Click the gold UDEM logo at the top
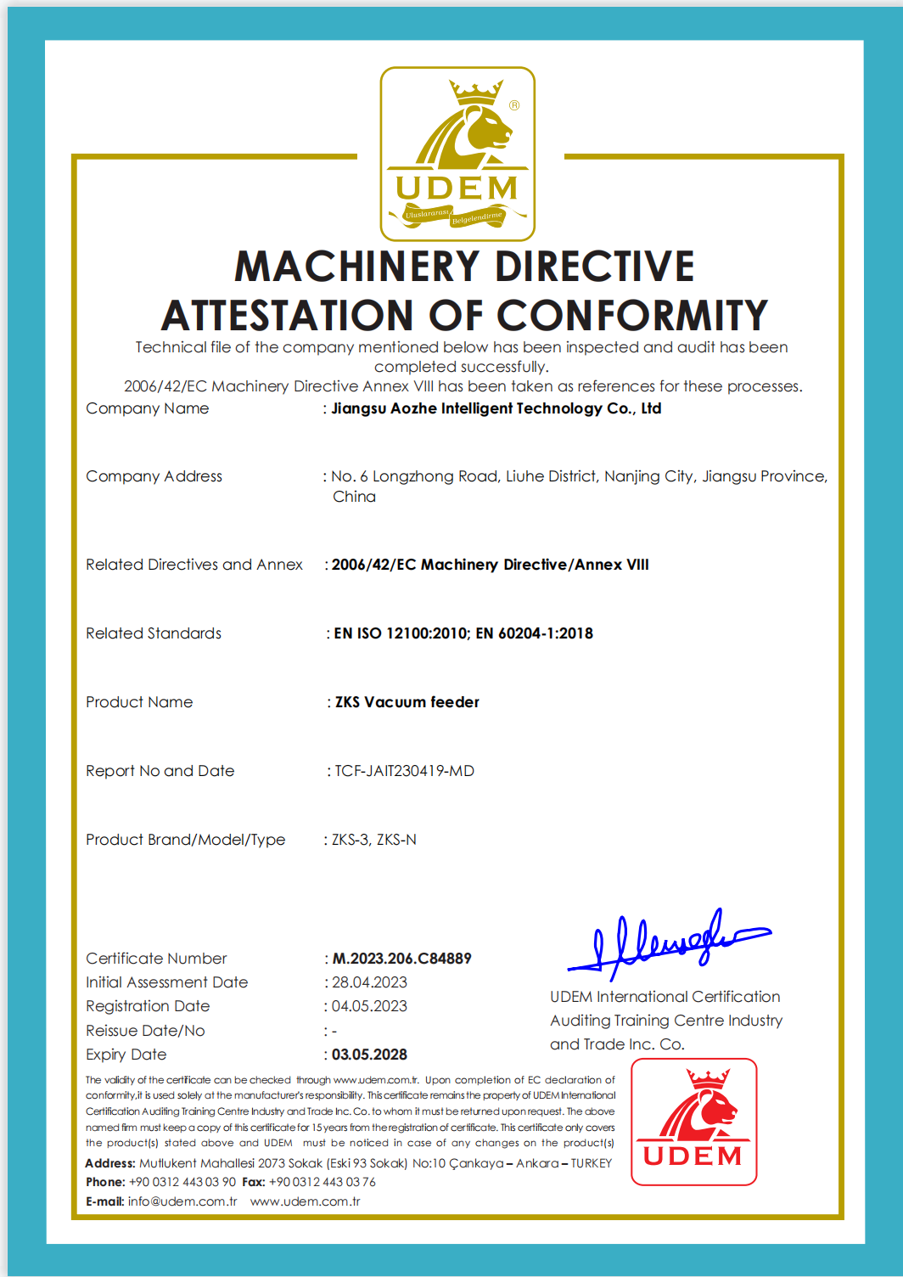tap(457, 154)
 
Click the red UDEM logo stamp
tap(693, 1122)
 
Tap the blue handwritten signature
tap(668, 942)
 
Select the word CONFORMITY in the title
tap(632, 316)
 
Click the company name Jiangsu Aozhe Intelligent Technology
tap(496, 408)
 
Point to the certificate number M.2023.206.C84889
tap(401, 959)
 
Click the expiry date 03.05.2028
tap(369, 1055)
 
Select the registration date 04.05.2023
tap(369, 1006)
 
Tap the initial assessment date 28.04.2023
tap(369, 982)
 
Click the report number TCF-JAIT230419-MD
tap(404, 771)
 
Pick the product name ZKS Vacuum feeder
tap(407, 702)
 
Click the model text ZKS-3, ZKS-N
tap(374, 840)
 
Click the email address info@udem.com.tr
tap(182, 1201)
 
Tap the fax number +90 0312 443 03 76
tap(322, 1182)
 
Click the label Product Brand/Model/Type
tap(185, 840)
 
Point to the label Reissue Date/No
tap(145, 1031)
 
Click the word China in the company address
tap(354, 497)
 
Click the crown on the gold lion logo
tap(476, 92)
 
